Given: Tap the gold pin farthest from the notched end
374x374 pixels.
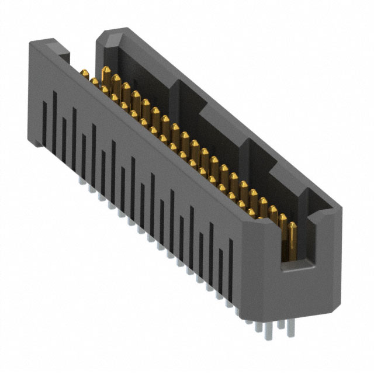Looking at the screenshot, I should (x=85, y=74).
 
